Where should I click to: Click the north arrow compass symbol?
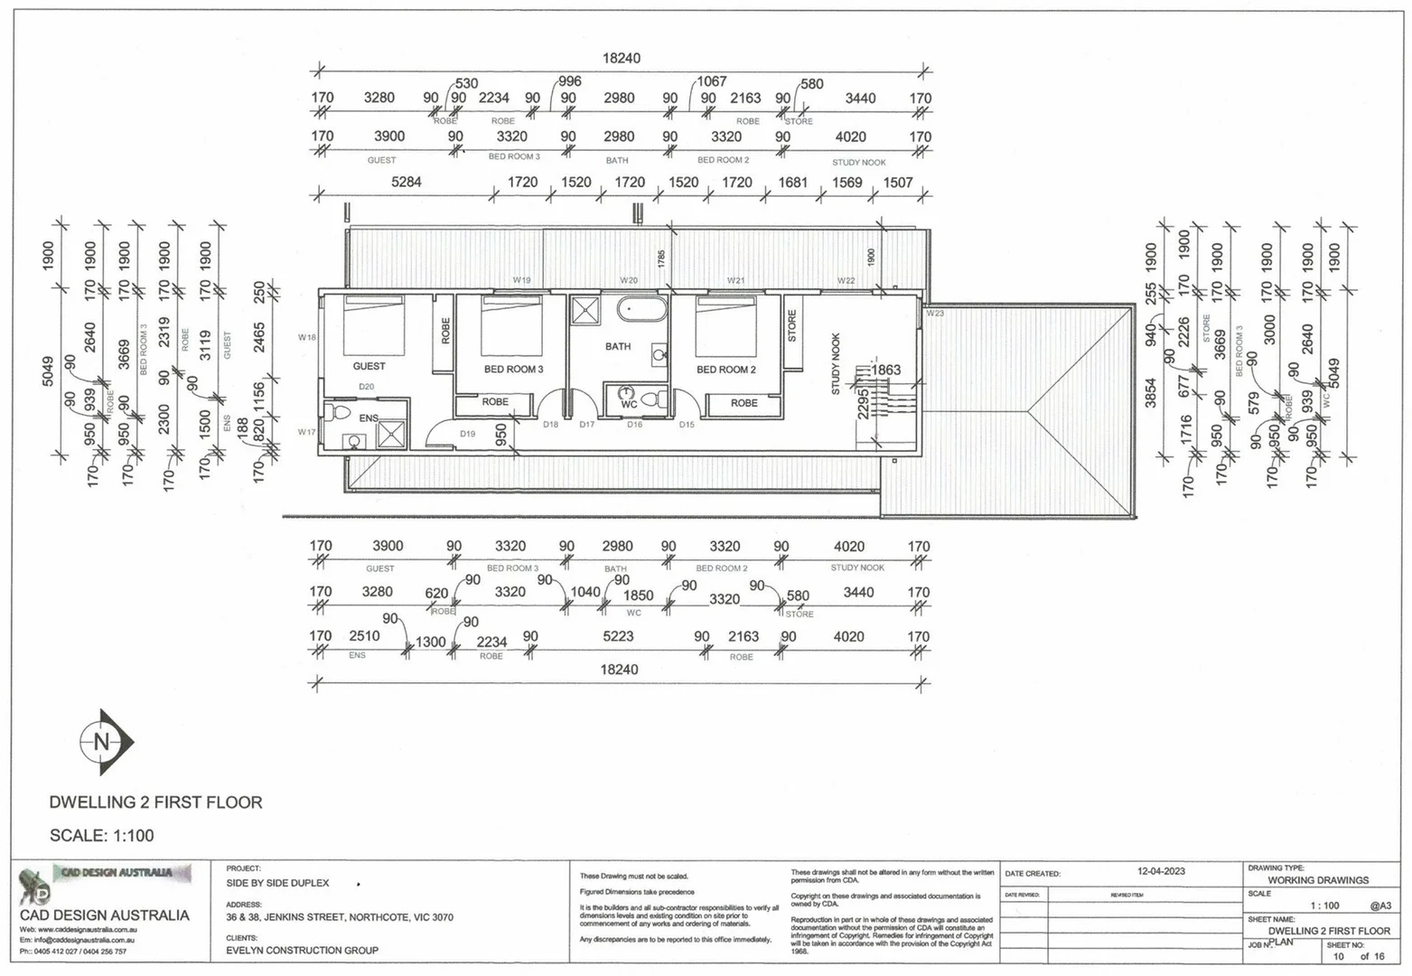pyautogui.click(x=104, y=742)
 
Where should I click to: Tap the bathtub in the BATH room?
pyautogui.click(x=641, y=310)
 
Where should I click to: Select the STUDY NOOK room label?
pyautogui.click(x=836, y=363)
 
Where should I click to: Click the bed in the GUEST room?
pyautogui.click(x=374, y=324)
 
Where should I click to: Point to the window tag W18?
pyautogui.click(x=307, y=337)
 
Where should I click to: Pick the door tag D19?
pyautogui.click(x=467, y=434)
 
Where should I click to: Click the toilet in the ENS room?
pyautogui.click(x=339, y=413)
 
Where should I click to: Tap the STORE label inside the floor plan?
pyautogui.click(x=792, y=326)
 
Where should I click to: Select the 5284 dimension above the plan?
pyautogui.click(x=406, y=182)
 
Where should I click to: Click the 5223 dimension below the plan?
pyautogui.click(x=618, y=636)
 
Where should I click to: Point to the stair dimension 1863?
pyautogui.click(x=885, y=370)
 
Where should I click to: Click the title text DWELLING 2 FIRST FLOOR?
pyautogui.click(x=155, y=802)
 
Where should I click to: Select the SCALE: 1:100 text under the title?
pyautogui.click(x=101, y=836)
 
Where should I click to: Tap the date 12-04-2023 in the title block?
pyautogui.click(x=1161, y=871)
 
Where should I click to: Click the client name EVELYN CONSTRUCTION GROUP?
pyautogui.click(x=302, y=950)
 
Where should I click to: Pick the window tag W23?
pyautogui.click(x=934, y=314)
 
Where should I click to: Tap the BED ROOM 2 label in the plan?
pyautogui.click(x=725, y=370)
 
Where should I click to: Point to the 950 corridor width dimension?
pyautogui.click(x=501, y=435)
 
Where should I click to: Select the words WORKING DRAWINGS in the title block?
pyautogui.click(x=1317, y=879)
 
